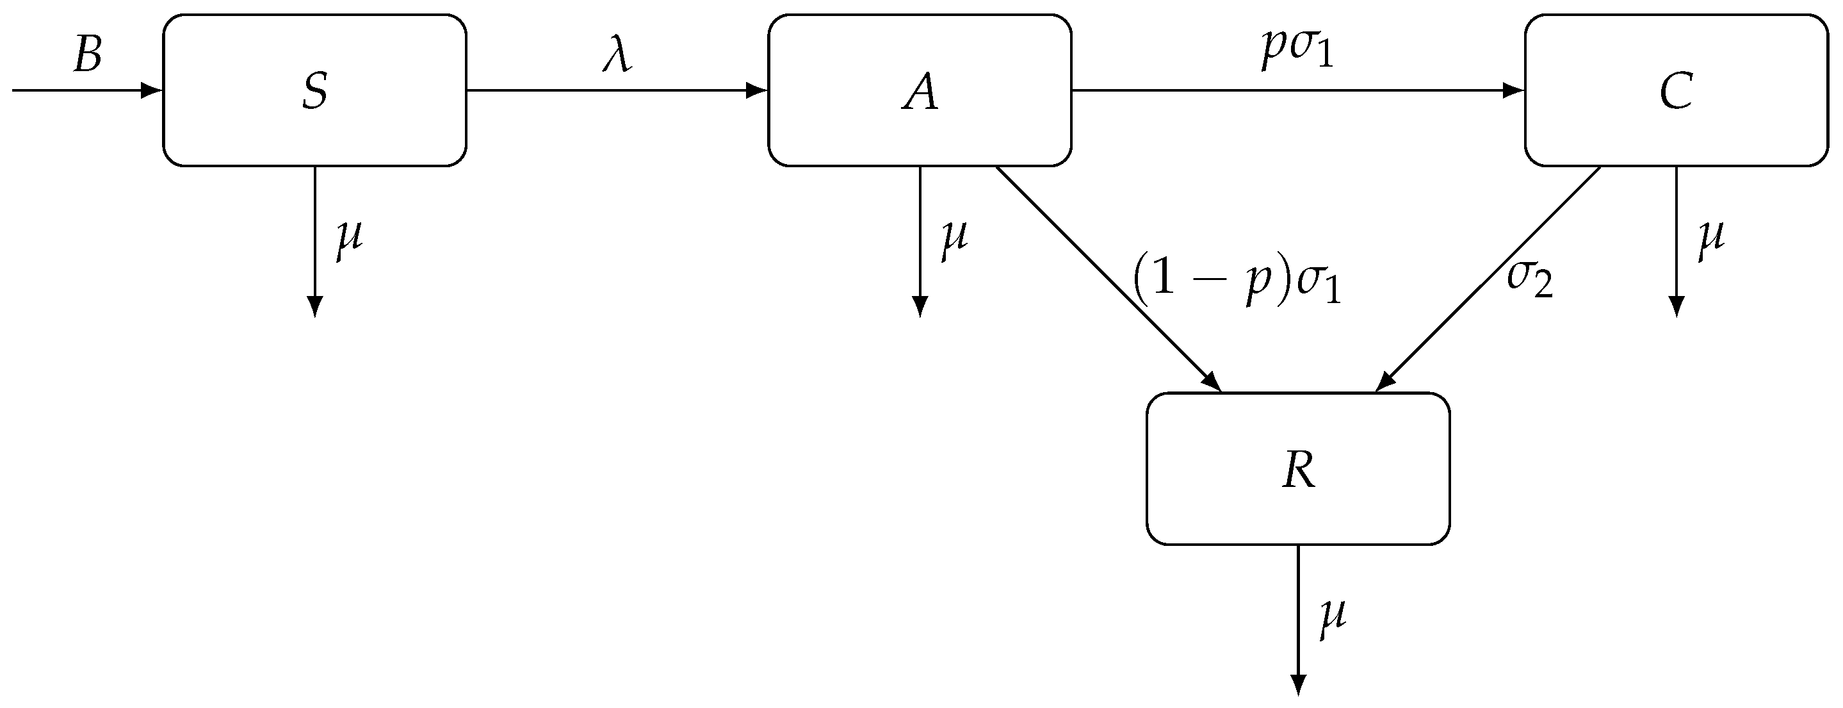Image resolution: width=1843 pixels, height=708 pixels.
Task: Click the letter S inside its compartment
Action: (315, 92)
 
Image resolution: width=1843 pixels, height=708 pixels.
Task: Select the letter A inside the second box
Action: (920, 93)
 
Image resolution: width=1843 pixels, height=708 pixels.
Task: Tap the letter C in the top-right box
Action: (1677, 92)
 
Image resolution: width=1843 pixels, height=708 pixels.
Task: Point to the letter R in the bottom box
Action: (1299, 470)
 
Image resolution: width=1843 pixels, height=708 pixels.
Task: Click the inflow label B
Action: (87, 54)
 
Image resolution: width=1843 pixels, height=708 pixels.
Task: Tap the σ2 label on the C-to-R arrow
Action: (1530, 280)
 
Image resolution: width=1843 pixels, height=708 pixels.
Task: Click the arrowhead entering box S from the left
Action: (152, 91)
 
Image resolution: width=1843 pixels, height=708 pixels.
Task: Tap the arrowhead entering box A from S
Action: (757, 91)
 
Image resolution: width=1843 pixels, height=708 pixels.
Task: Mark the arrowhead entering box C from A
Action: (1514, 91)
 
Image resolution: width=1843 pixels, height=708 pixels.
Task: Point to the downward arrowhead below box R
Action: (1298, 684)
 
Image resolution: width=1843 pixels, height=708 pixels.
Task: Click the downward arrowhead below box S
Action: (315, 306)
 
